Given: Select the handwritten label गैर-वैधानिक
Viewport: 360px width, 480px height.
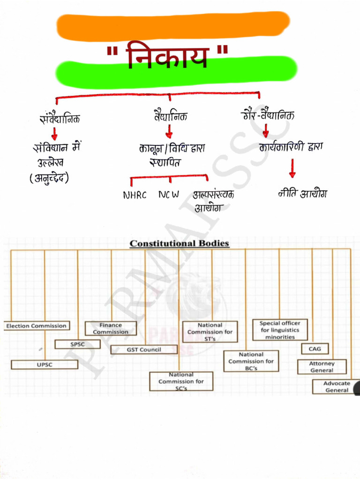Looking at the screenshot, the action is (268, 115).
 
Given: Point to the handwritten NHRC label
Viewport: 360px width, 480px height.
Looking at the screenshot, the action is (135, 195).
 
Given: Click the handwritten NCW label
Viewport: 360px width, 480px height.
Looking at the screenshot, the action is (168, 195).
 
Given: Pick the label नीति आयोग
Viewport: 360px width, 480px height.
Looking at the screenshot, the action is (302, 193).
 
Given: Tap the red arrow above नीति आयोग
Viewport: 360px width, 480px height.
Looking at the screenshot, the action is (292, 169).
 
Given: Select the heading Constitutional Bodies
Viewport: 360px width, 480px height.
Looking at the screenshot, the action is (179, 243).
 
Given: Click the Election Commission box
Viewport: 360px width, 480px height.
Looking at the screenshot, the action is (37, 326).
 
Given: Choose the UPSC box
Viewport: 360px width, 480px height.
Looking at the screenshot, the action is (45, 364).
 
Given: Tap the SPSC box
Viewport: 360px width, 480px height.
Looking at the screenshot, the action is (77, 344).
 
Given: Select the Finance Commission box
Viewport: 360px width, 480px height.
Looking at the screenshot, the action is (111, 328).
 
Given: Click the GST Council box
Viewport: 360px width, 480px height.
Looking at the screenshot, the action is (144, 350).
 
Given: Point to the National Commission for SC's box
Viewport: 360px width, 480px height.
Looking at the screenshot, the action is (181, 381).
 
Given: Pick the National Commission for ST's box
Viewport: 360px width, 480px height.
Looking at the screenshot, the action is (210, 331).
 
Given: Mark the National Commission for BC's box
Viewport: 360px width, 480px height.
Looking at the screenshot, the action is (251, 361).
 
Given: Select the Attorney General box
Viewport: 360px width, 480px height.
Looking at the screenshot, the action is (322, 367).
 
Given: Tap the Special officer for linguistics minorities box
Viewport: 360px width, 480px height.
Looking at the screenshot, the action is (280, 330).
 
